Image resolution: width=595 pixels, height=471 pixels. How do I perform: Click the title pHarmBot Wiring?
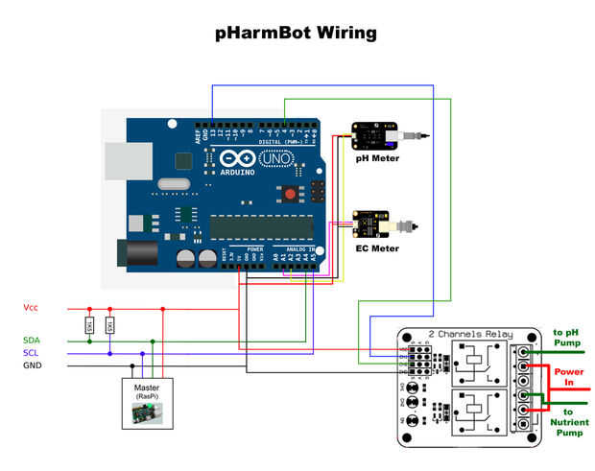(x=297, y=34)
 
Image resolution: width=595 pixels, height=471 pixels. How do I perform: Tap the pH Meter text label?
(x=376, y=158)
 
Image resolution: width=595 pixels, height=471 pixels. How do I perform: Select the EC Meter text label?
(x=377, y=248)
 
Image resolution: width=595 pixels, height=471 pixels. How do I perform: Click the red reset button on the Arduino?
(x=289, y=195)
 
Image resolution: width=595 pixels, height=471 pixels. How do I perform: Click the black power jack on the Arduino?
(x=134, y=252)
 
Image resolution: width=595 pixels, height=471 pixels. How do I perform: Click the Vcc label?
(x=31, y=308)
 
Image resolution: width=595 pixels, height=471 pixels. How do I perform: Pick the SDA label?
(x=33, y=341)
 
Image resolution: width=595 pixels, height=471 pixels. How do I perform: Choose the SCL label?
(x=32, y=353)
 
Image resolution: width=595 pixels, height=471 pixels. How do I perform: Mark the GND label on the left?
(x=33, y=365)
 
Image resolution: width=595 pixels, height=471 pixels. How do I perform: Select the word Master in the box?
(x=147, y=388)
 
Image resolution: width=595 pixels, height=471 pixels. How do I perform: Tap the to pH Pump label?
(x=566, y=337)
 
